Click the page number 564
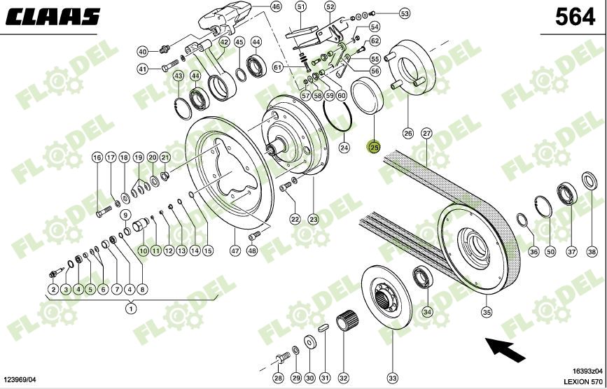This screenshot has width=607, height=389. pos(575,17)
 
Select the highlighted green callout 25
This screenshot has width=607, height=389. pos(374,148)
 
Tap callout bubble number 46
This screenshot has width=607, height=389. pos(275,7)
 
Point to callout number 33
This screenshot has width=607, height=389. pos(392,378)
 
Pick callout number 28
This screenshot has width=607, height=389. pos(278,378)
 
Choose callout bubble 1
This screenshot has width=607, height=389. pos(130,307)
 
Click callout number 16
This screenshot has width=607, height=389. pos(97,158)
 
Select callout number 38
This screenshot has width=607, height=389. pos(592,252)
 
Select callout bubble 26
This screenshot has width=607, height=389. pos(408,133)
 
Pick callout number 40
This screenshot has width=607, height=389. pos(142,52)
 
